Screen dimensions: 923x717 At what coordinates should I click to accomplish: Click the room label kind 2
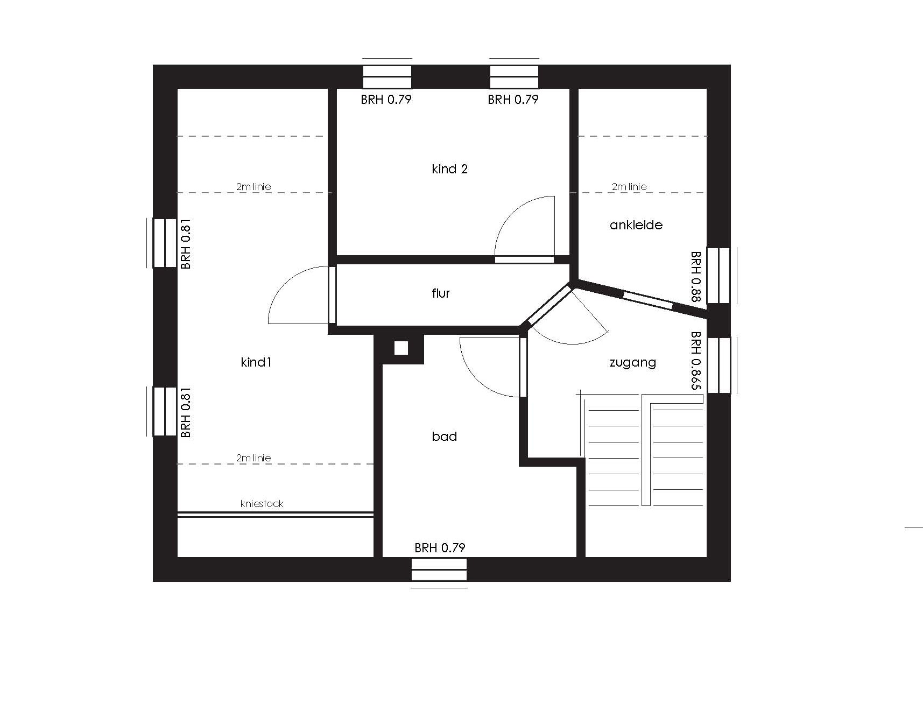(x=449, y=169)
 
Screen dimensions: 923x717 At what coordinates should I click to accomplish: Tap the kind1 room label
(x=256, y=362)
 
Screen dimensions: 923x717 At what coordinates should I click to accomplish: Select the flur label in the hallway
(x=441, y=293)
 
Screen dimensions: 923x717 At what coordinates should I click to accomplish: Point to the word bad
(x=444, y=437)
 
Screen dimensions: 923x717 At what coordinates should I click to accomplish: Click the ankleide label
(x=636, y=225)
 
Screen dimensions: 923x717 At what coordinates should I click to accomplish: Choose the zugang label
(x=633, y=363)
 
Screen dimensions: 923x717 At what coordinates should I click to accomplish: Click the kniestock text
(x=262, y=504)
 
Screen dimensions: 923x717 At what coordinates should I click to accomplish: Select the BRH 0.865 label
(x=696, y=360)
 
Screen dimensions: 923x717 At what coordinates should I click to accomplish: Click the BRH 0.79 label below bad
(x=440, y=548)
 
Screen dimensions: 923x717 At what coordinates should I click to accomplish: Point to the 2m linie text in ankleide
(x=629, y=187)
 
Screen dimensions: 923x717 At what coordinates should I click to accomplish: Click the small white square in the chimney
(x=401, y=348)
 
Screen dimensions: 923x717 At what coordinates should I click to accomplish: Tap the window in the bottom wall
(x=439, y=570)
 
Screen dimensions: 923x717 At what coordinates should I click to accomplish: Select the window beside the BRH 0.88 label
(x=718, y=276)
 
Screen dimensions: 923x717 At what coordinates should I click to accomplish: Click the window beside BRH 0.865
(x=718, y=365)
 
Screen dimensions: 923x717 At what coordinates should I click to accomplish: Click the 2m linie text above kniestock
(x=253, y=458)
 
